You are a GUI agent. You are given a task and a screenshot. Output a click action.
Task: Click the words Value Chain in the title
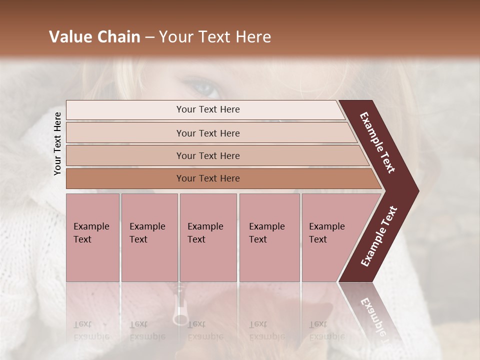click(94, 37)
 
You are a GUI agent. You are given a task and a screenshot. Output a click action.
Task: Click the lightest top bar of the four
click(125, 110)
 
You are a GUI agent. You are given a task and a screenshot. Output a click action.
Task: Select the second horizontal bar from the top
click(125, 133)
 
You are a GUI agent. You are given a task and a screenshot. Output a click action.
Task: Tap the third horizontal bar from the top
click(125, 156)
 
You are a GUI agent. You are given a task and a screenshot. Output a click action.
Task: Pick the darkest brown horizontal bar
click(125, 178)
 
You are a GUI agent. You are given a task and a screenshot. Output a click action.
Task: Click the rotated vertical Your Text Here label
click(57, 143)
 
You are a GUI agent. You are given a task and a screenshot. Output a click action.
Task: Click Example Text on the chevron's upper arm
click(377, 142)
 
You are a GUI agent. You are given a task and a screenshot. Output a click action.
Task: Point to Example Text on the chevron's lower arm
click(379, 236)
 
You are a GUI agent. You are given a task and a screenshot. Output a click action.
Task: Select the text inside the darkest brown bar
click(208, 178)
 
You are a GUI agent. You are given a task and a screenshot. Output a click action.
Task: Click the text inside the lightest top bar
click(208, 109)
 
